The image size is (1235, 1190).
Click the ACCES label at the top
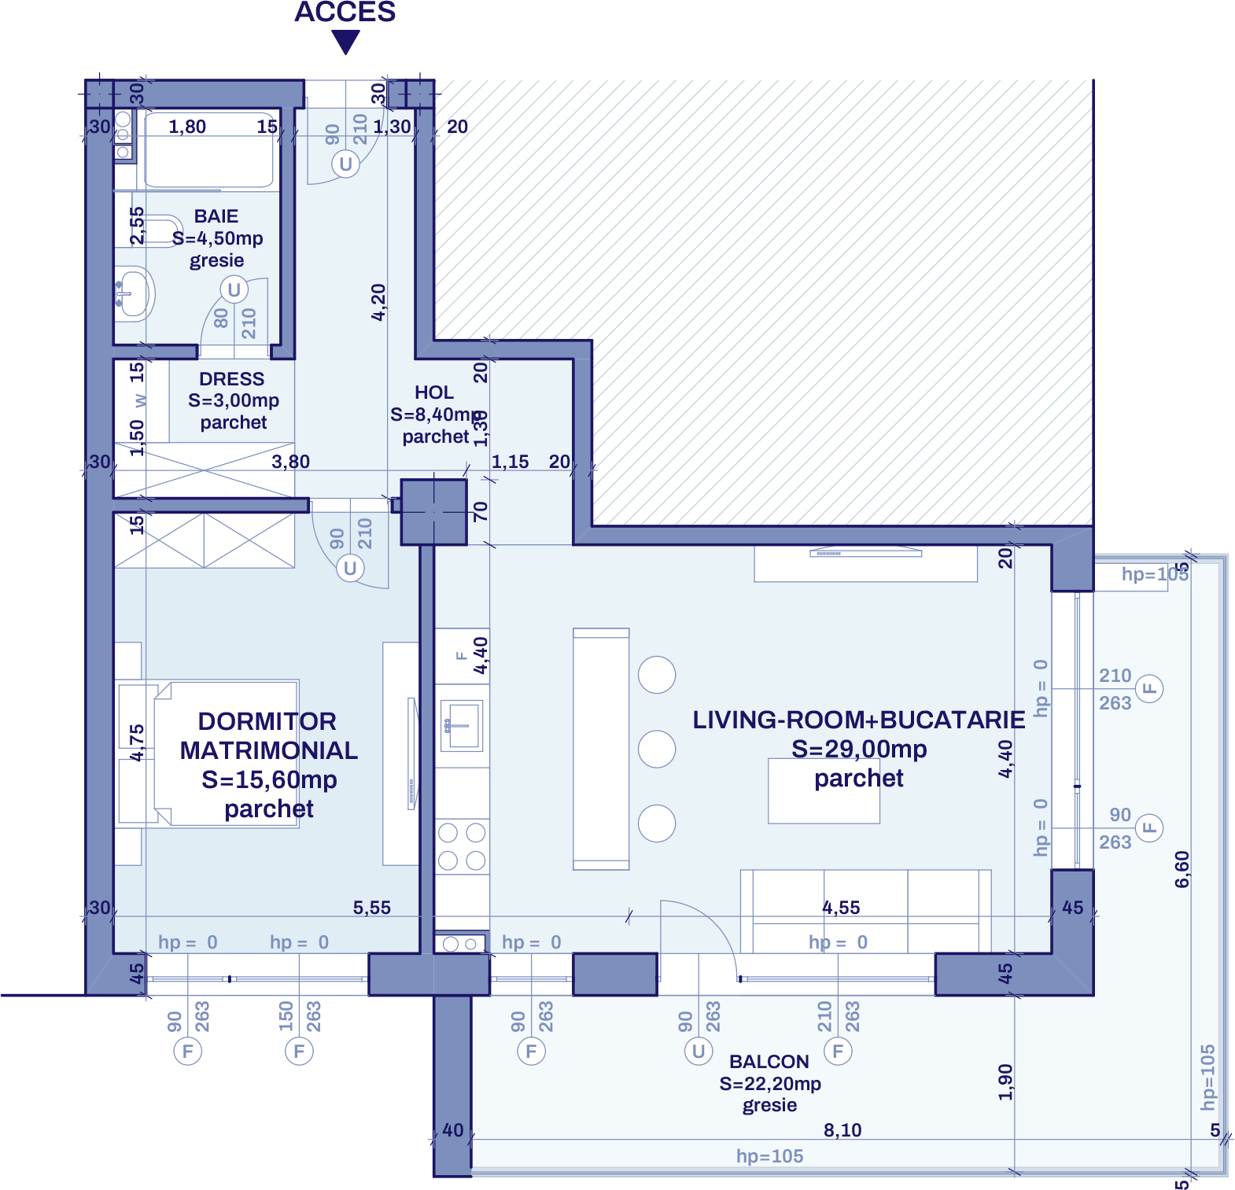pyautogui.click(x=345, y=13)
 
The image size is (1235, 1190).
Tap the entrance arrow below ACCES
pyautogui.click(x=345, y=42)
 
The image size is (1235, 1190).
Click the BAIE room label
pyautogui.click(x=216, y=216)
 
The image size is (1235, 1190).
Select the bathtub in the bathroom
pyautogui.click(x=208, y=149)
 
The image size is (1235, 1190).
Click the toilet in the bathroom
pyautogui.click(x=157, y=230)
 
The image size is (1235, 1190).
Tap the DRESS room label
pyautogui.click(x=231, y=379)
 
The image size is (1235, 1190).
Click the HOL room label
pyautogui.click(x=434, y=392)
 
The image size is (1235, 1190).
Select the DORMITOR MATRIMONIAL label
pyautogui.click(x=268, y=735)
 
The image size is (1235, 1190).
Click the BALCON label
pyautogui.click(x=769, y=1062)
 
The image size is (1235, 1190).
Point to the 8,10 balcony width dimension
pyautogui.click(x=842, y=1130)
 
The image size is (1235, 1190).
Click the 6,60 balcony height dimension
pyautogui.click(x=1182, y=869)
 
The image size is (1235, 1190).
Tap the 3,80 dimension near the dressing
pyautogui.click(x=290, y=462)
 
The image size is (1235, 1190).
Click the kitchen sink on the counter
pyautogui.click(x=461, y=725)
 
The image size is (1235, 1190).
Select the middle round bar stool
pyautogui.click(x=657, y=749)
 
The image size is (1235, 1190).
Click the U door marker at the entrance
pyautogui.click(x=345, y=164)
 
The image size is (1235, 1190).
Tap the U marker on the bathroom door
pyautogui.click(x=234, y=290)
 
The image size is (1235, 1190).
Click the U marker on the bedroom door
pyautogui.click(x=350, y=568)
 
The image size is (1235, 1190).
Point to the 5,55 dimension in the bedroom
pyautogui.click(x=371, y=908)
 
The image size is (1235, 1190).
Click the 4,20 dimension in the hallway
pyautogui.click(x=378, y=302)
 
